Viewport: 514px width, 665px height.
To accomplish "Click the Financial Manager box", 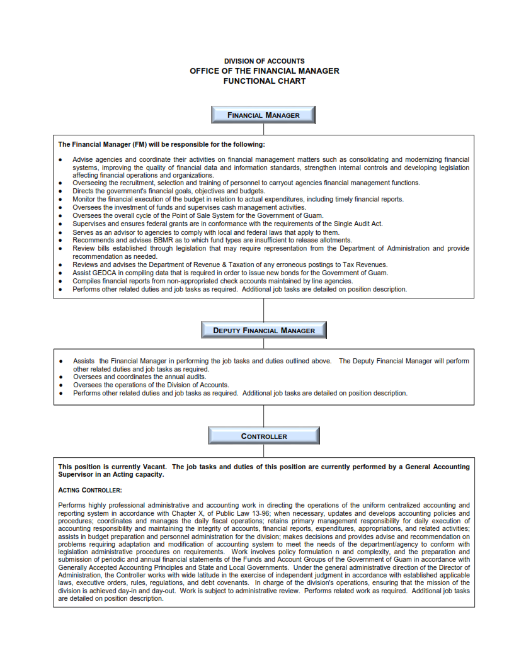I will click(x=263, y=115).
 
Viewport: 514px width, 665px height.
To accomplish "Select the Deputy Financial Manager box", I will click(x=263, y=330).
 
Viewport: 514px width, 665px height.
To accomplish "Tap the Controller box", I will click(x=263, y=436).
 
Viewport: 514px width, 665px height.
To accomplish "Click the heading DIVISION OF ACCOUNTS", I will click(x=264, y=61).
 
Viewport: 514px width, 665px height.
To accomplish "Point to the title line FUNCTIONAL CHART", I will click(x=264, y=81).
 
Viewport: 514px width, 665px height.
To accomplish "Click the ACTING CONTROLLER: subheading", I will click(x=90, y=490).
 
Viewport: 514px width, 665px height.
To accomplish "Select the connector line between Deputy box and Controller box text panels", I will click(x=263, y=416).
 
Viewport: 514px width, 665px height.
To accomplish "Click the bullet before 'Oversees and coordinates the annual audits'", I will click(x=60, y=377).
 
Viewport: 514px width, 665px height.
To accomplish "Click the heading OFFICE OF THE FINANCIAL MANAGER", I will click(x=264, y=71).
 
